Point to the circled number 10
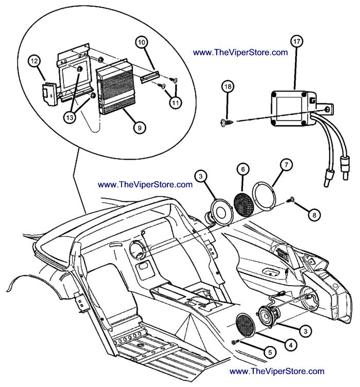click(x=141, y=42)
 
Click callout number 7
click(x=286, y=165)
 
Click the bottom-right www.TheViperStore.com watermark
click(x=277, y=371)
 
